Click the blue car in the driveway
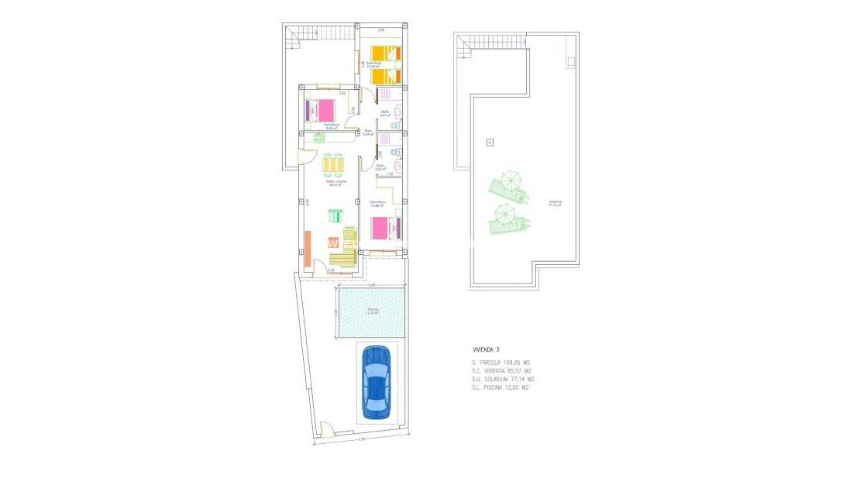coord(377,382)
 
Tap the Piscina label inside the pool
coord(373,311)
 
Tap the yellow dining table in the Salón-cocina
coord(333,165)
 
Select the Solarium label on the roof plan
coord(556,204)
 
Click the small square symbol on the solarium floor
coord(489,142)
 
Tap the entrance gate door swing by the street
coord(326,428)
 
